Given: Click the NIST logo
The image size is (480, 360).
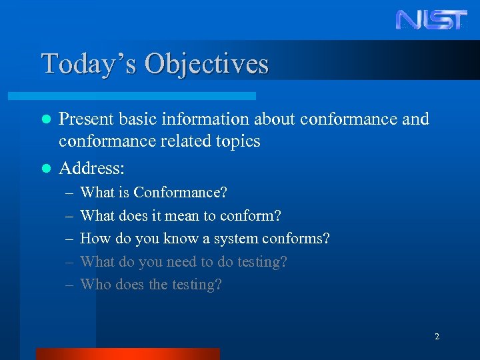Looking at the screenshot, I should pos(431,19).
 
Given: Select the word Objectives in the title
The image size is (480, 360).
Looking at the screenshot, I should pos(207,64).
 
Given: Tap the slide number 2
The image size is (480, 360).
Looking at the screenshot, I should pos(437,337).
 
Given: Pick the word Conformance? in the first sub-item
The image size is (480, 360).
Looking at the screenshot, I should pos(181,193).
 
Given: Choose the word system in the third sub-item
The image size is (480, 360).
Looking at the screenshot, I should pos(236,239).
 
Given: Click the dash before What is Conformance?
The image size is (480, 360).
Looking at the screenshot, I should pos(71,193).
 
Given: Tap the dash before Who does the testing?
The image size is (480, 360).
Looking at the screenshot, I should pos(71,285).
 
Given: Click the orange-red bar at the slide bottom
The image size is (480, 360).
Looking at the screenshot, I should pos(127,353).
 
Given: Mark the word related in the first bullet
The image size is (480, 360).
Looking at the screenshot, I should pos(179,141).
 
